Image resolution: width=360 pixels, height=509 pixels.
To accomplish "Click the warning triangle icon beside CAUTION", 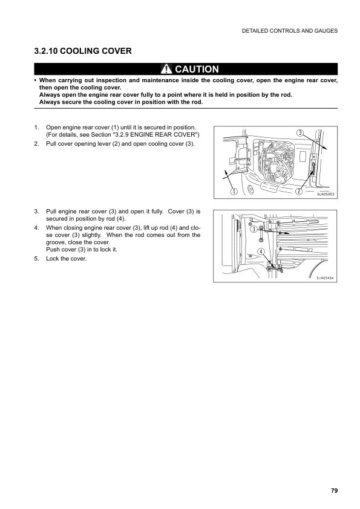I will pyautogui.click(x=166, y=69).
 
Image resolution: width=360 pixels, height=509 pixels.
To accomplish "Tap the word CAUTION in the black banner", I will pyautogui.click(x=197, y=69).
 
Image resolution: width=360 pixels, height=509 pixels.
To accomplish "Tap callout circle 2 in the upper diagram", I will pyautogui.click(x=299, y=192).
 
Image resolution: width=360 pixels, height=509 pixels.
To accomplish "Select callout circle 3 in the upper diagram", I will pyautogui.click(x=300, y=133).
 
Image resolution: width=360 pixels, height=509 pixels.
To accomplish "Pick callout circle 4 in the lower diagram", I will pyautogui.click(x=261, y=251).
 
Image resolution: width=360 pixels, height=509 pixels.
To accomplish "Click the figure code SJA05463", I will pyautogui.click(x=326, y=194).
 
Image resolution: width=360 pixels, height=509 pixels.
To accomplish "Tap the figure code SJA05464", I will pyautogui.click(x=325, y=277).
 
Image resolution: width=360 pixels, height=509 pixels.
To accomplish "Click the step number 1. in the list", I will pyautogui.click(x=37, y=128).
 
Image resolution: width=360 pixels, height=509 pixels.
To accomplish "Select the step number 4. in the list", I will pyautogui.click(x=37, y=228).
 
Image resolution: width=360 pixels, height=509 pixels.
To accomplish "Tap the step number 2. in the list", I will pyautogui.click(x=37, y=143).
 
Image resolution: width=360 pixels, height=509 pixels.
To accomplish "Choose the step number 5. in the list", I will pyautogui.click(x=37, y=259).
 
